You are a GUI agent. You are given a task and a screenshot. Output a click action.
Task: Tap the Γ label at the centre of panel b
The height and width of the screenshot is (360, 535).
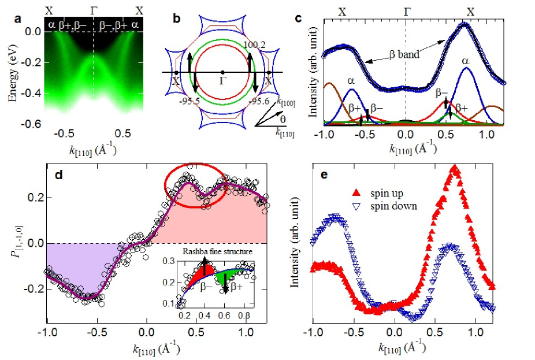(223, 80)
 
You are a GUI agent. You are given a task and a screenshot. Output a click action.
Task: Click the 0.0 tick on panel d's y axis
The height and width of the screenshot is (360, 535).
(35, 243)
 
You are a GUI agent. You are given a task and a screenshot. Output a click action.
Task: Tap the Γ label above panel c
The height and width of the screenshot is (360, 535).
(406, 11)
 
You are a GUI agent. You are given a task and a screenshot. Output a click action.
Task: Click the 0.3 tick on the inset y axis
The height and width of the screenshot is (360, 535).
(172, 262)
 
